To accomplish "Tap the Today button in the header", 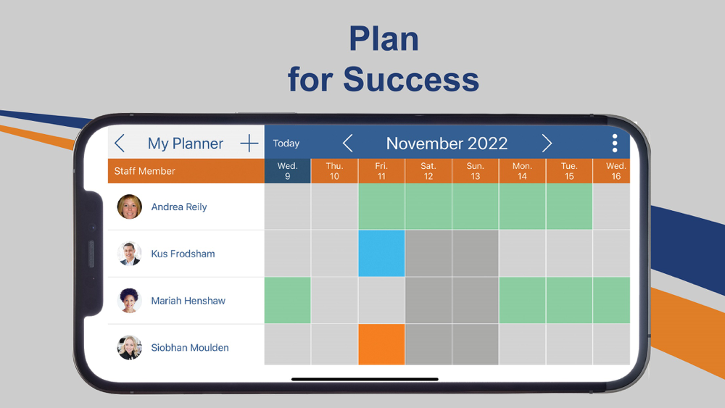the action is (286, 143).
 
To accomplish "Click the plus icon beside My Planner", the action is (249, 143).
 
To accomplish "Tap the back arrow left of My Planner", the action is (120, 143).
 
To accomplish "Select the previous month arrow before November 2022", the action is (348, 143).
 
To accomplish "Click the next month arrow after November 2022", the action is (547, 143).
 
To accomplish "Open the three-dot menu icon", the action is (615, 143).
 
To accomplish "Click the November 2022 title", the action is (447, 143).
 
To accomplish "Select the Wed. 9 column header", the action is (288, 171).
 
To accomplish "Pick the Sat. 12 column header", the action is (428, 171).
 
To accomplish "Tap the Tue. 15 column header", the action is (569, 171).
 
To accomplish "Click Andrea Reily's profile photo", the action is (130, 207).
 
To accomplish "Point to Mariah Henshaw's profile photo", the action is (130, 300).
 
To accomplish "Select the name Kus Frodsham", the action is (183, 254).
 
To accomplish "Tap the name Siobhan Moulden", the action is (190, 347).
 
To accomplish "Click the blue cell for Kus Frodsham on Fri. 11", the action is (381, 253).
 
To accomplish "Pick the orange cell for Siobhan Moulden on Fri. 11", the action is (381, 344).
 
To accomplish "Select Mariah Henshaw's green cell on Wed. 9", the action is (288, 300).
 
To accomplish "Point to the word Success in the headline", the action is (411, 79).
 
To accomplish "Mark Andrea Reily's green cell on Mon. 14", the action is (523, 207).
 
